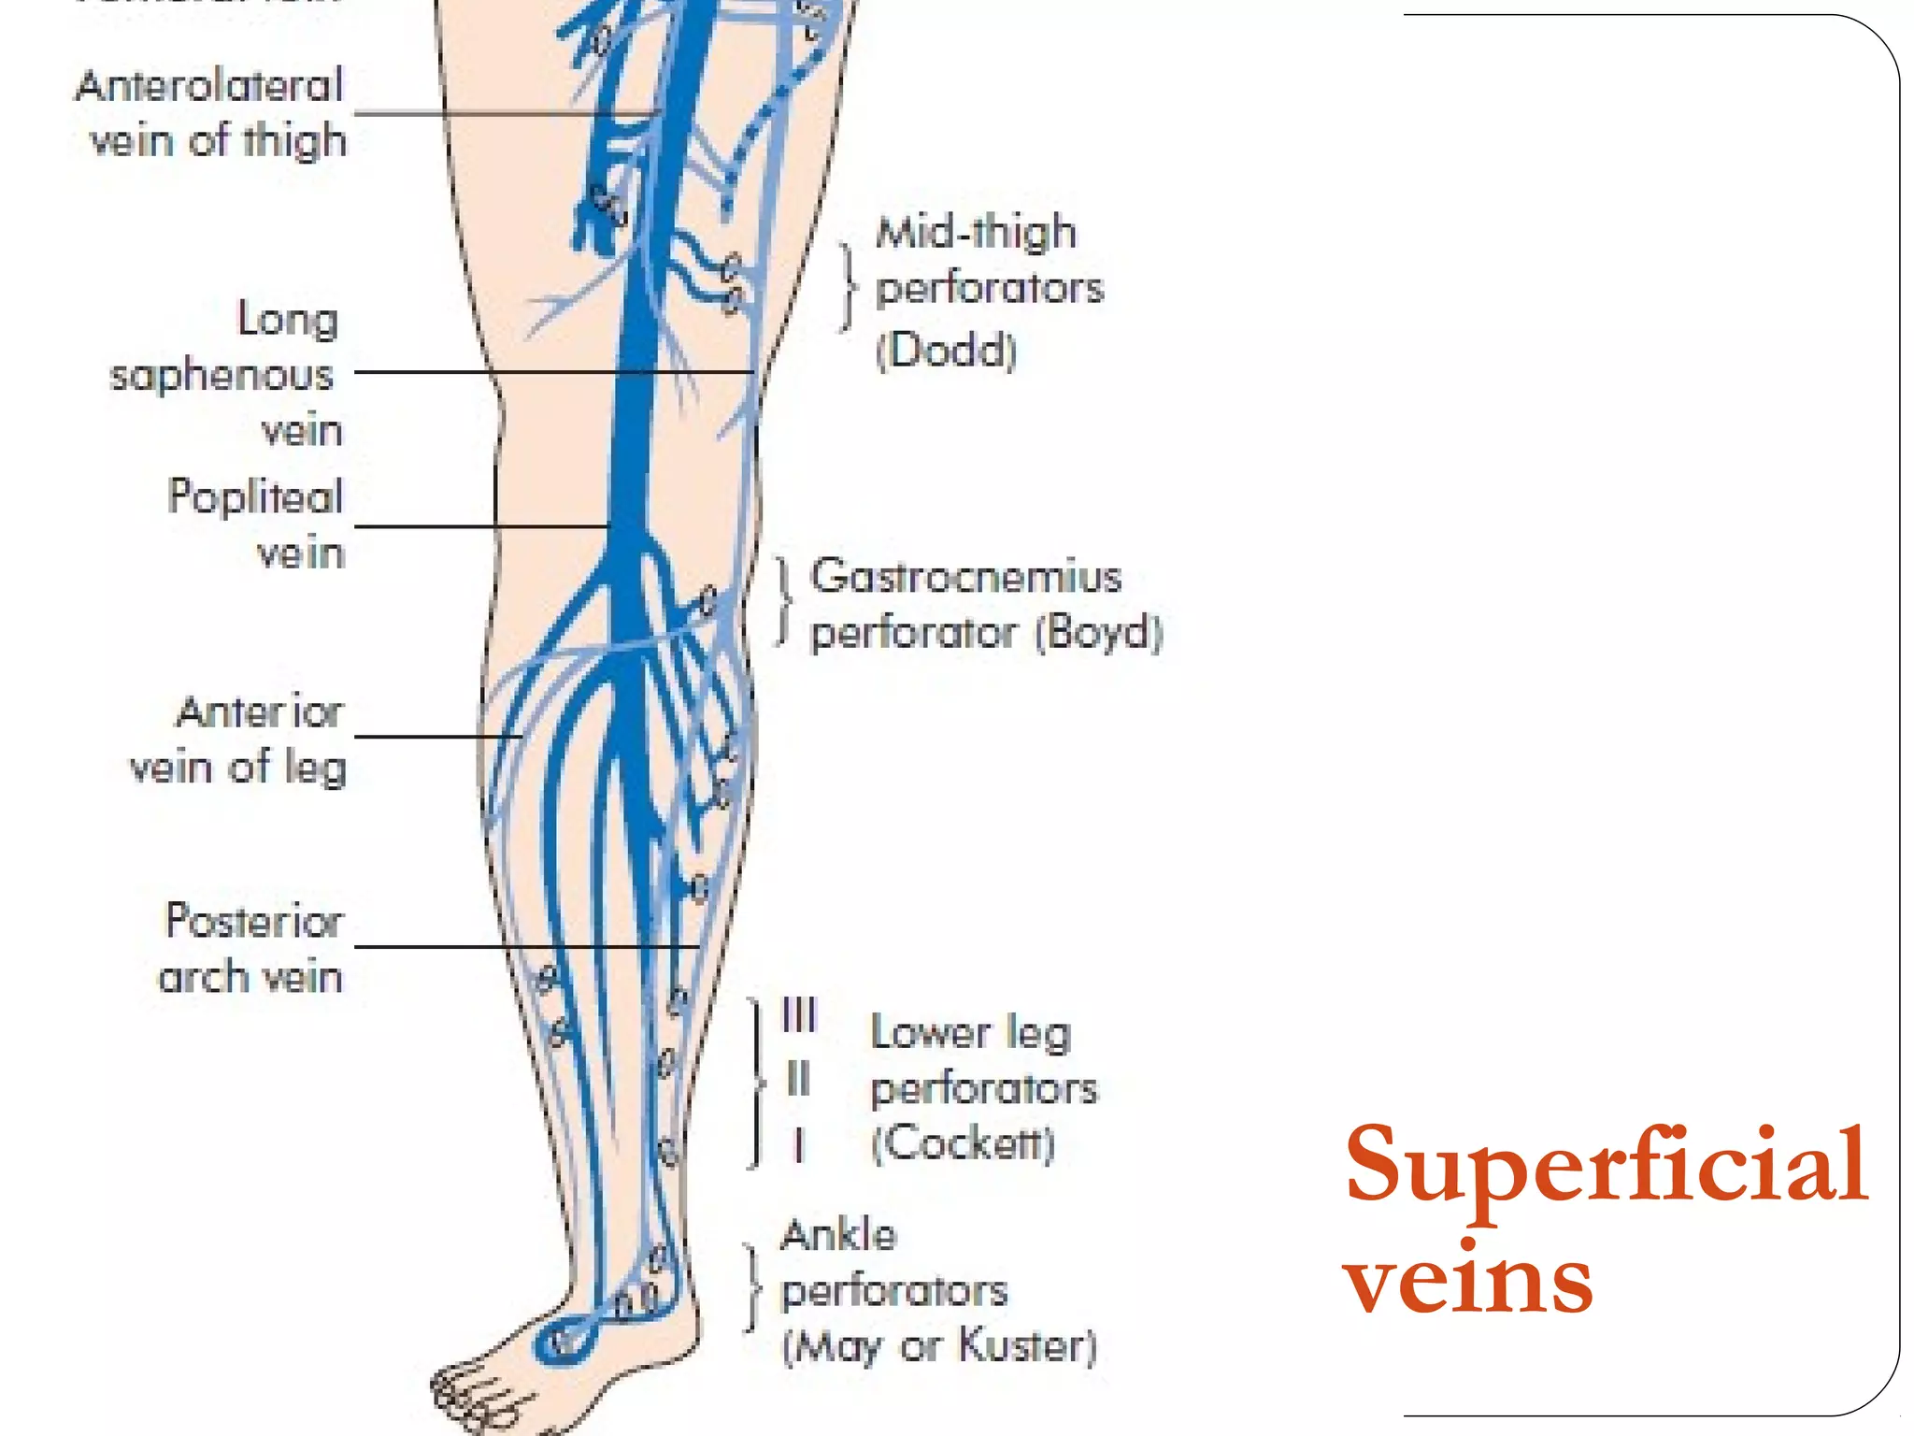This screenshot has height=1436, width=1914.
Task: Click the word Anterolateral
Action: [x=209, y=86]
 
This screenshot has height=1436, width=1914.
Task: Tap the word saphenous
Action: [x=221, y=376]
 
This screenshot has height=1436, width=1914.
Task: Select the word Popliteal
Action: [x=255, y=496]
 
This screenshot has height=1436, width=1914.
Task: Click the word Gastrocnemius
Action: [x=965, y=576]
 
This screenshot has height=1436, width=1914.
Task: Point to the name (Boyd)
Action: [x=1099, y=633]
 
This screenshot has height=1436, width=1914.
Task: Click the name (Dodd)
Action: [x=946, y=351]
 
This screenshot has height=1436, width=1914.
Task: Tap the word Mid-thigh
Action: [x=976, y=232]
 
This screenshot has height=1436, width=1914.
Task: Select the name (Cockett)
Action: [x=963, y=1142]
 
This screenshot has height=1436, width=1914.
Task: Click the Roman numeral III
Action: [x=799, y=1014]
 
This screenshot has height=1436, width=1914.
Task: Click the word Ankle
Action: [x=838, y=1235]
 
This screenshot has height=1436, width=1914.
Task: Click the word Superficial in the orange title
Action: [x=1606, y=1166]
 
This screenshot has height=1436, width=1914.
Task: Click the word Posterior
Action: [x=254, y=921]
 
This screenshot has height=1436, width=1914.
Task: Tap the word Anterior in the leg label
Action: [x=260, y=712]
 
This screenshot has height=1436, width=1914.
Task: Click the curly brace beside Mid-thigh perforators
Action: [x=847, y=287]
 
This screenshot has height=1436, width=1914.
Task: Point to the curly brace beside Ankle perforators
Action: [x=751, y=1287]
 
